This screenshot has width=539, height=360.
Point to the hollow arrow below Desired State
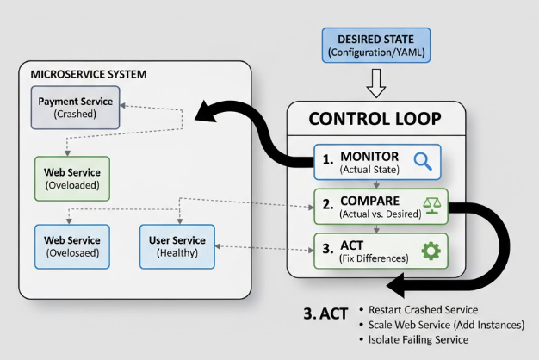377,84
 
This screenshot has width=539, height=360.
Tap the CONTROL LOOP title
376,120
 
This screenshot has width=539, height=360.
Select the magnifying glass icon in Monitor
422,160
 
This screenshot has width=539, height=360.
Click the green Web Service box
71,178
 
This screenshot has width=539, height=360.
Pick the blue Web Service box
71,246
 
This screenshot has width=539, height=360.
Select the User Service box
177,246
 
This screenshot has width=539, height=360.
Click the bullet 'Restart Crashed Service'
422,309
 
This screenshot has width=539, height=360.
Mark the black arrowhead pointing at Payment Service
205,112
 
